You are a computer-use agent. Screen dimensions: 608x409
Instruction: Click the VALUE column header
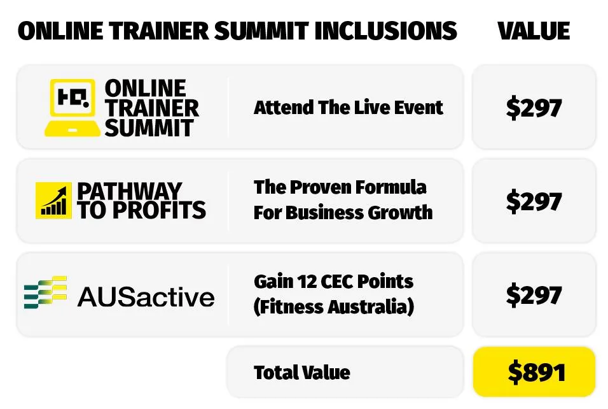(x=534, y=31)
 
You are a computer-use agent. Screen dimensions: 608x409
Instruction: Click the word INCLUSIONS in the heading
(x=386, y=31)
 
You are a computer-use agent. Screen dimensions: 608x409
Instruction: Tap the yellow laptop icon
(x=72, y=108)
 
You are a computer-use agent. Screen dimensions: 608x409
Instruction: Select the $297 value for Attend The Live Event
(x=534, y=108)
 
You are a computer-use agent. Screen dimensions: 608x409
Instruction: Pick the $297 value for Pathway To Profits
(x=534, y=201)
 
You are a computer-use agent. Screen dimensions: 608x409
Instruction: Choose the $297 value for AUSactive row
(x=534, y=294)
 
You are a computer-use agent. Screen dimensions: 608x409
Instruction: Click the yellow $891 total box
(x=534, y=371)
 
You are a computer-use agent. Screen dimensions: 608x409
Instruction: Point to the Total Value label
(x=301, y=372)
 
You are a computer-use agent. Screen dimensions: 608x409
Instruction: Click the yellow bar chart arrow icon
(x=53, y=201)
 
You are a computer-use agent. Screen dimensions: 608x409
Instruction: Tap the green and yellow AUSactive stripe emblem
(x=45, y=292)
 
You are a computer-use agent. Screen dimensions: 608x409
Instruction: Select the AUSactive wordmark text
(x=146, y=297)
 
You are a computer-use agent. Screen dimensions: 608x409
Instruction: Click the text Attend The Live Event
(x=348, y=107)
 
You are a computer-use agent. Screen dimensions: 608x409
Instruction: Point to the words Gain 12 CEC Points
(x=333, y=281)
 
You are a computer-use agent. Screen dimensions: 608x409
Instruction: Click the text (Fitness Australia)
(x=333, y=306)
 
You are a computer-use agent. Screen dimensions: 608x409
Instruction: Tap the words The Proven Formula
(x=340, y=187)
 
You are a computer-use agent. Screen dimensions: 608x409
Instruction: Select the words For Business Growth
(x=343, y=212)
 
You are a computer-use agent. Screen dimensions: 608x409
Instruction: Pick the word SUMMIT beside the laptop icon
(x=149, y=127)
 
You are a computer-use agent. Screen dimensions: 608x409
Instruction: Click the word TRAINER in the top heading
(x=158, y=31)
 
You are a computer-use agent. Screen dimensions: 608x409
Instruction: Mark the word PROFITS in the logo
(x=159, y=210)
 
